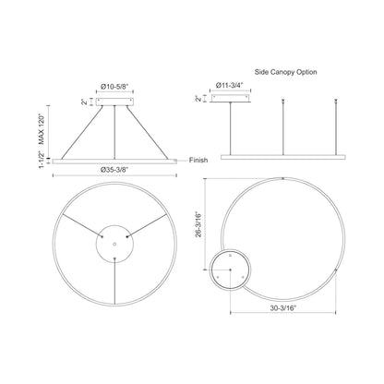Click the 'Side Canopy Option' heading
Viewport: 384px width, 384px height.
coord(285,72)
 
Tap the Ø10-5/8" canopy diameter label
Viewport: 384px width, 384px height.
coord(114,87)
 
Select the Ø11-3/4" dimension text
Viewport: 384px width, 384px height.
coord(230,85)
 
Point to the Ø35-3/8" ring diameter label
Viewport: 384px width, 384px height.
coord(114,169)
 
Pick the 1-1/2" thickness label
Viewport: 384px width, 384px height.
coord(42,160)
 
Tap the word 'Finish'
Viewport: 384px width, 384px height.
coord(198,160)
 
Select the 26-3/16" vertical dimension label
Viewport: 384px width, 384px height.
coord(198,224)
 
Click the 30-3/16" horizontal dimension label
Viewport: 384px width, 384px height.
coord(283,307)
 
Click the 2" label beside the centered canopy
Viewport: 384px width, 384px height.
coord(84,102)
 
